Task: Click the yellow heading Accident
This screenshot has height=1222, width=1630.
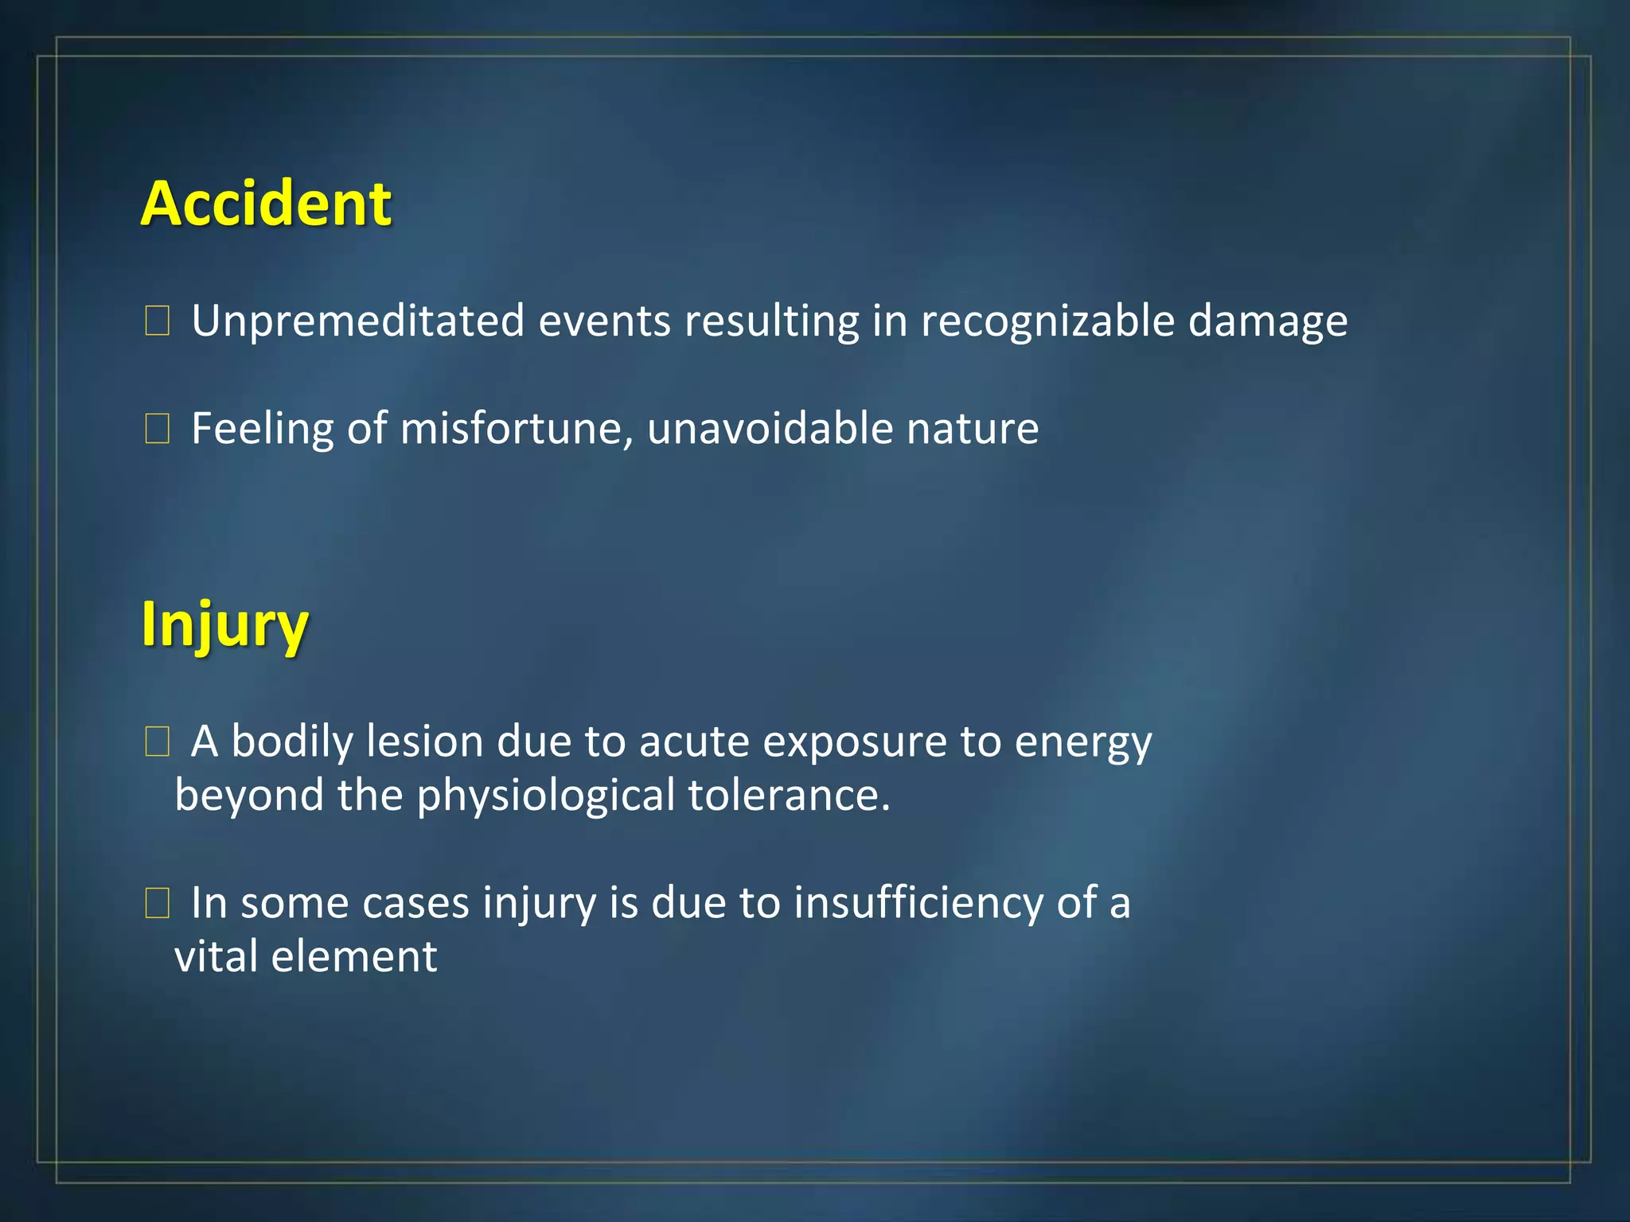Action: pyautogui.click(x=266, y=204)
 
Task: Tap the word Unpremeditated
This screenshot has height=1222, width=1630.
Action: pyautogui.click(x=358, y=321)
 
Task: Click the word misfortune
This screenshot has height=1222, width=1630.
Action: pyautogui.click(x=516, y=429)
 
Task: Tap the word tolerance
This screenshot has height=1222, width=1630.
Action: pyautogui.click(x=788, y=796)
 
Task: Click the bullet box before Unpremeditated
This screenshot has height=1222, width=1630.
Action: pyautogui.click(x=157, y=321)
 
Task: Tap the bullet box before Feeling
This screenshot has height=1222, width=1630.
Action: pyautogui.click(x=157, y=429)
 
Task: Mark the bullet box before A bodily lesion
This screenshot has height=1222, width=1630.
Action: pyautogui.click(x=157, y=741)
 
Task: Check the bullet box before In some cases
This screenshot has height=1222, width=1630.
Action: pyautogui.click(x=157, y=904)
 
